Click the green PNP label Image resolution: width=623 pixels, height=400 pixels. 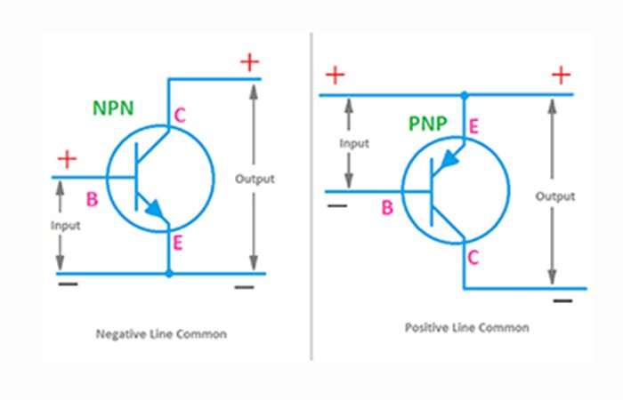pyautogui.click(x=428, y=124)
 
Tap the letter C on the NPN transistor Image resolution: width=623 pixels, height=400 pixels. pyautogui.click(x=180, y=116)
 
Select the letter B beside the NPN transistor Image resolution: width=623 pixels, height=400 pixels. pyautogui.click(x=92, y=200)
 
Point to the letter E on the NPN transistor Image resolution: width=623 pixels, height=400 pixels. pyautogui.click(x=178, y=243)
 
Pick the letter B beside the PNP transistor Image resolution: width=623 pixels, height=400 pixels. pyautogui.click(x=386, y=208)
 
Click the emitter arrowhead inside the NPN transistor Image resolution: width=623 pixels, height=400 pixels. pyautogui.click(x=156, y=210)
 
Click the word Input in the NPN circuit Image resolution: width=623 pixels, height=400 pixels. pyautogui.click(x=65, y=226)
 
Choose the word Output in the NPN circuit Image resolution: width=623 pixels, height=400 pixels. pyautogui.click(x=255, y=179)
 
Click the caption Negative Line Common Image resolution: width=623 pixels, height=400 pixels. pyautogui.click(x=161, y=334)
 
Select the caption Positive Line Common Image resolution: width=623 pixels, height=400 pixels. pyautogui.click(x=466, y=327)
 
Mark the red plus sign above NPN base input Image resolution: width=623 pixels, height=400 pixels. pyautogui.click(x=67, y=160)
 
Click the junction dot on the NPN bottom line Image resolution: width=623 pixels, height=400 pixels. pyautogui.click(x=168, y=274)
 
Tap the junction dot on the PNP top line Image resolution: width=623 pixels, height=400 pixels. pyautogui.click(x=464, y=93)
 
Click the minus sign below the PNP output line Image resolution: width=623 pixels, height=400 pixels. pyautogui.click(x=562, y=301)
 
